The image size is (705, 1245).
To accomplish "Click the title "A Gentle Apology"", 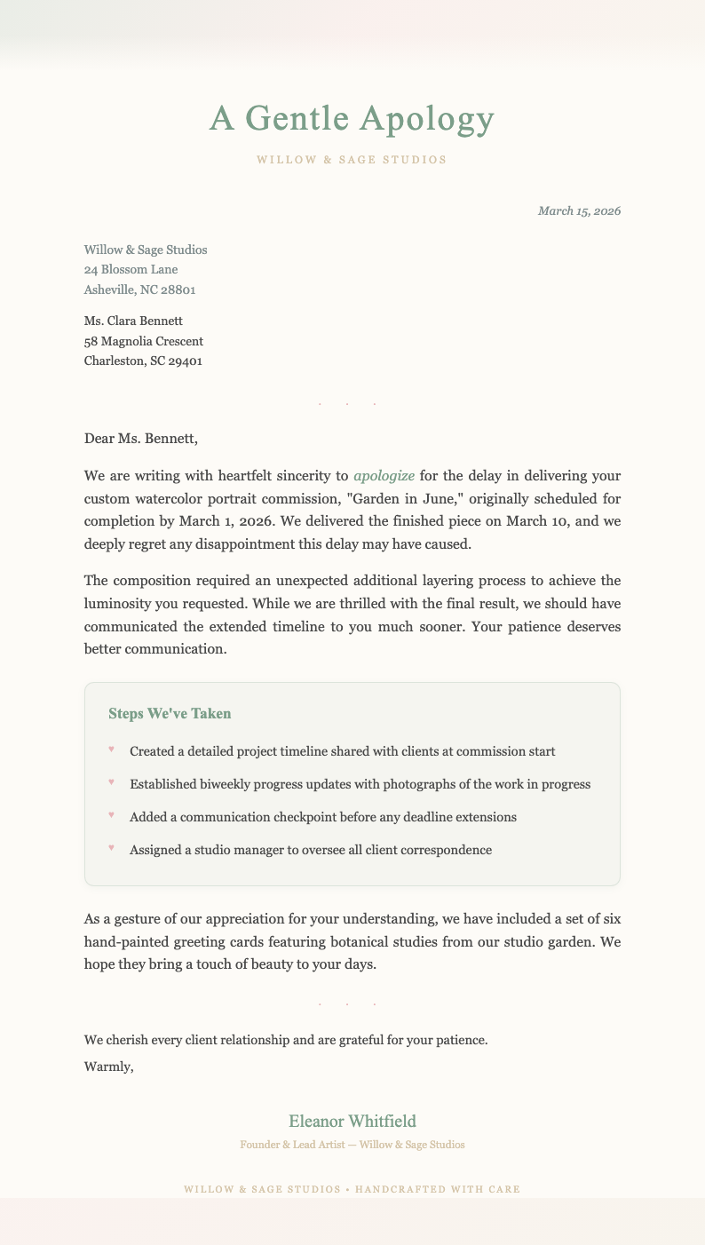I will click(352, 119).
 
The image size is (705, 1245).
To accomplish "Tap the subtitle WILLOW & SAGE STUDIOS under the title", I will click(352, 161).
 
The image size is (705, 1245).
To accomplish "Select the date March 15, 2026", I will click(579, 211).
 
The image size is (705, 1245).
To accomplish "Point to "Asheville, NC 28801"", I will click(139, 289).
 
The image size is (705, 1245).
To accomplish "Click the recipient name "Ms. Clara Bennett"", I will click(132, 321).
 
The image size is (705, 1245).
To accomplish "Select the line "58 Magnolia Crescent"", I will click(143, 341).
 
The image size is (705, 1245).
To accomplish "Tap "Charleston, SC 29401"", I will click(143, 361).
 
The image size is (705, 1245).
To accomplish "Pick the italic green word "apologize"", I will click(384, 476).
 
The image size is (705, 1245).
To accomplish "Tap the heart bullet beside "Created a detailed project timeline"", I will click(111, 749).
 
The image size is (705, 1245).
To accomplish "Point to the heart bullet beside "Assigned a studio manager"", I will click(111, 848).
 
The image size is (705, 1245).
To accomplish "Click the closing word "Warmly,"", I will click(108, 1067).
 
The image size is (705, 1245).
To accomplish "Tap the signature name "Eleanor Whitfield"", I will click(352, 1122).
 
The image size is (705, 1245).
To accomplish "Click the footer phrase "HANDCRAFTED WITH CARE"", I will click(437, 1188).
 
